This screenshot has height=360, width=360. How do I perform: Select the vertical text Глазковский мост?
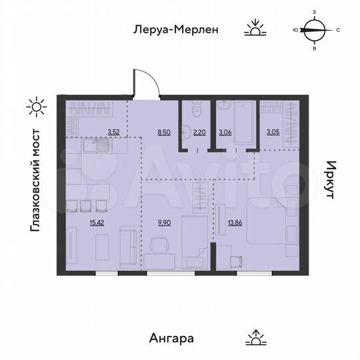tap(35, 181)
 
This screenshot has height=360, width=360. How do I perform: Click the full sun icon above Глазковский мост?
tap(35, 105)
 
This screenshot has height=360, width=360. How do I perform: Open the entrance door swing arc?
tap(148, 83)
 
